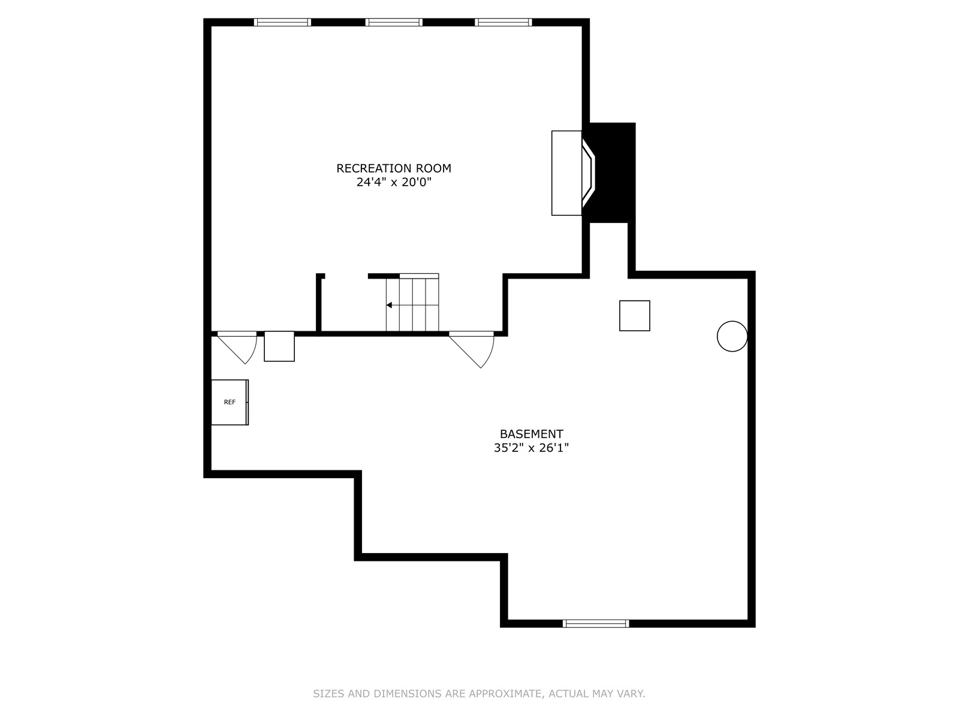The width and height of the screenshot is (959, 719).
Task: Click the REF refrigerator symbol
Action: point(230,402)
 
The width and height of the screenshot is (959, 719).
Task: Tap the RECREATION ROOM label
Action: point(394,168)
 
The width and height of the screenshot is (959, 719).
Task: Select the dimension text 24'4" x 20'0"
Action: point(394,182)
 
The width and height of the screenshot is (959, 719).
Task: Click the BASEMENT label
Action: point(531,434)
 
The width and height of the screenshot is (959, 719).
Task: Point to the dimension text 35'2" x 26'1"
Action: point(531,448)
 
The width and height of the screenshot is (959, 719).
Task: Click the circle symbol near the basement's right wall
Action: point(732,336)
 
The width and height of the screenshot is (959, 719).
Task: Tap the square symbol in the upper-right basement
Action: point(634,316)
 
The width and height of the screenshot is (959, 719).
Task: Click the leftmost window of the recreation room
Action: point(282,22)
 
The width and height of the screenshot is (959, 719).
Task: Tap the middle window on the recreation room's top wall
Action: point(394,22)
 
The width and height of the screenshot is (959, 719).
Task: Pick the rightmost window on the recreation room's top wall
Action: point(503,22)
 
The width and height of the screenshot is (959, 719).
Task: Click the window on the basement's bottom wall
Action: point(596,623)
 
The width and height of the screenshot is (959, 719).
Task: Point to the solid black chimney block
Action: point(613,173)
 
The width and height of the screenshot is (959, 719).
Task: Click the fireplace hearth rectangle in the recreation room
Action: point(566,173)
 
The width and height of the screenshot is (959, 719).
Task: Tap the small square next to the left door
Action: point(279,346)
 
